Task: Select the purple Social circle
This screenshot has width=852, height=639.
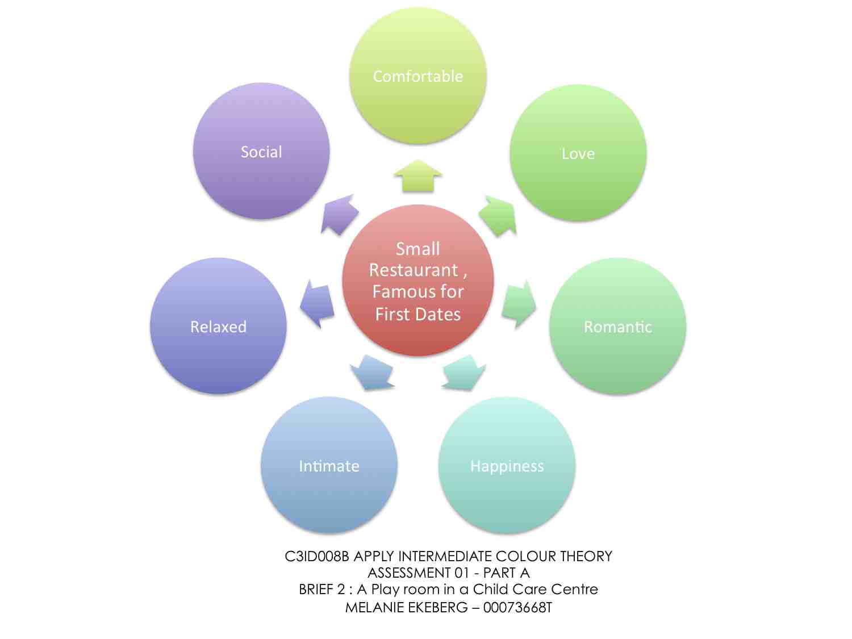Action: (x=261, y=151)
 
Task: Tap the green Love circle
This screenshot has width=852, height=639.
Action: (x=578, y=153)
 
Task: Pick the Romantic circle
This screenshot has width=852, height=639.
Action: (x=617, y=326)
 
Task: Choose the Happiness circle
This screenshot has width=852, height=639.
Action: (x=507, y=465)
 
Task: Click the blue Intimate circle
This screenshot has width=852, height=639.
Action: (x=329, y=465)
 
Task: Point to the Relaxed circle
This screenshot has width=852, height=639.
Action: (x=218, y=326)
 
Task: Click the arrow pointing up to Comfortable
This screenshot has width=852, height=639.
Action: (x=418, y=176)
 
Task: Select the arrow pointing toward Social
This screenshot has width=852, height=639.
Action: (x=339, y=214)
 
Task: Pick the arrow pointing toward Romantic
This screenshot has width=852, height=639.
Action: (x=519, y=303)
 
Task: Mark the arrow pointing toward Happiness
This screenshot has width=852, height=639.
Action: (x=463, y=373)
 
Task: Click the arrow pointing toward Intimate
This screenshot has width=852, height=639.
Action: (x=372, y=373)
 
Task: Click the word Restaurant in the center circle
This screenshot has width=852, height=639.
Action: (x=414, y=270)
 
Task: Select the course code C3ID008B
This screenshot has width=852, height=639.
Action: (x=317, y=556)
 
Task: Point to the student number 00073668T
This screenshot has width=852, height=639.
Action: (x=517, y=607)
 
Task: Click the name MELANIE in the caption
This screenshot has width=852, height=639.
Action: (x=374, y=607)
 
